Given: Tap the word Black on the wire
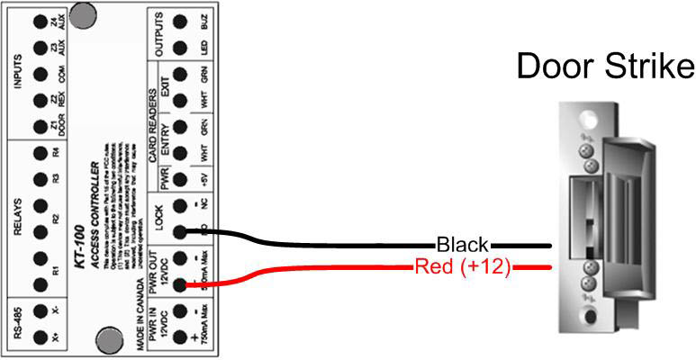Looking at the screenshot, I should [x=462, y=244].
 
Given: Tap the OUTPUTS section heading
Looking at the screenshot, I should [x=159, y=34].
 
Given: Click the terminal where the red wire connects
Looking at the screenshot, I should [x=180, y=284].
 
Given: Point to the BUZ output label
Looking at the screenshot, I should [x=203, y=21].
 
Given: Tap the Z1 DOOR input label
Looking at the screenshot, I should [x=57, y=127].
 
